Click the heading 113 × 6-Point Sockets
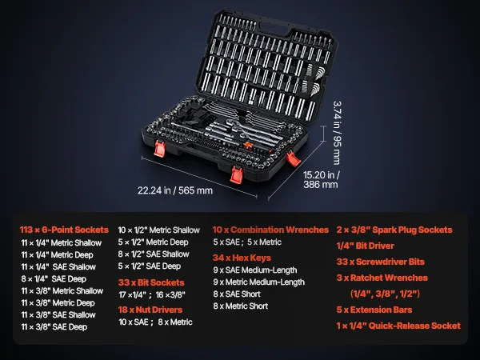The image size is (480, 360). (64, 230)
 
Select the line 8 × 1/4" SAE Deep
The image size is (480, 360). (54, 279)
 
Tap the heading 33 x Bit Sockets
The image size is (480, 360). (151, 282)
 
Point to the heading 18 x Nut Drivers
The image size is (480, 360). (150, 310)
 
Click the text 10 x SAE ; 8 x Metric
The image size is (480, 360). (155, 322)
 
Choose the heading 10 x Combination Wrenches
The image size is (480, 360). (270, 230)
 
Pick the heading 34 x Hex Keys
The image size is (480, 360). (242, 258)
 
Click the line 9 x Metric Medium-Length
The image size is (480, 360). (259, 282)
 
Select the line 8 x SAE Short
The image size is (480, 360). (237, 294)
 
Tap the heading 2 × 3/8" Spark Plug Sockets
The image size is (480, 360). (394, 230)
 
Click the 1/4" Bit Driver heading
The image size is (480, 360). (366, 246)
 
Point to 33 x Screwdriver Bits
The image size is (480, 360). (381, 262)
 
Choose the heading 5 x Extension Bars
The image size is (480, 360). (374, 310)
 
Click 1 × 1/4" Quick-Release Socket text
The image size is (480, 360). (398, 326)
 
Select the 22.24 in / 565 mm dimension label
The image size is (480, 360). (175, 190)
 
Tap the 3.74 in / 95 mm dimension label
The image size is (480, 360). (337, 133)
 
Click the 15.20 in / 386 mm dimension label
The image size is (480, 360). (321, 180)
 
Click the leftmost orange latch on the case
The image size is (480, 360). (160, 148)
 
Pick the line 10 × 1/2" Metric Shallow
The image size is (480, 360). (159, 230)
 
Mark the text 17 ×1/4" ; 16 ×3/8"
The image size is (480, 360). (152, 294)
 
